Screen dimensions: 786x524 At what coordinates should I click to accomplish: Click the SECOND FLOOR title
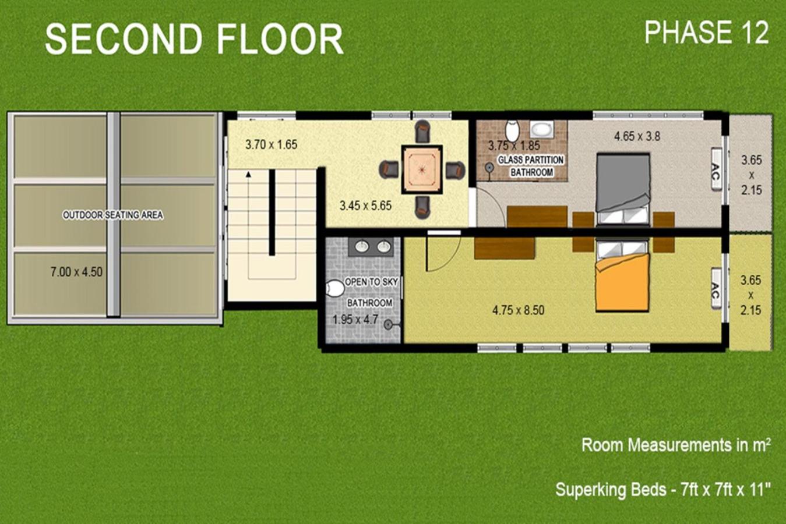coord(194,38)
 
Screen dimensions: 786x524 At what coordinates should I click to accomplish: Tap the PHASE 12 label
coord(706,32)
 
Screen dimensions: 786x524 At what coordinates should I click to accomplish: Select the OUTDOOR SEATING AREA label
coord(113,215)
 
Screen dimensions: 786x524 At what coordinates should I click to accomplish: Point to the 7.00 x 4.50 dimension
coord(76,272)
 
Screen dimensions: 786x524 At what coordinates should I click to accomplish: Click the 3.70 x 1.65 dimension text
coord(272,144)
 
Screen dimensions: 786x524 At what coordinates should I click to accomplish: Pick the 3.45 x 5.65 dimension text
coord(365,205)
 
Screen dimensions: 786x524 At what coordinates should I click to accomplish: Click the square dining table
coord(422,169)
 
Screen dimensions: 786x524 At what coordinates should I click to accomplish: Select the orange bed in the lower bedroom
coord(622,275)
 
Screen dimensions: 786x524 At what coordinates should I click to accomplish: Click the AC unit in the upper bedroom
coord(716,169)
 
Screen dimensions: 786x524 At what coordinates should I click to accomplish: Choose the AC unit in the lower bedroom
coord(716,288)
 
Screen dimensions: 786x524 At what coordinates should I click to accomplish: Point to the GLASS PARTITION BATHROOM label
coord(531,166)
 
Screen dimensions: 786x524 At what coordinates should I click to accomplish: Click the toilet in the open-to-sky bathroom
coord(334,289)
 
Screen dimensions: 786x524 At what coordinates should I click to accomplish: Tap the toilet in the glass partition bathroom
coord(512,130)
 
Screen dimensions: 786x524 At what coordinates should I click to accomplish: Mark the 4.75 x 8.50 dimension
coord(518,310)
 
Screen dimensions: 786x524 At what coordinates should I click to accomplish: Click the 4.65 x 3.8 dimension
coord(637,136)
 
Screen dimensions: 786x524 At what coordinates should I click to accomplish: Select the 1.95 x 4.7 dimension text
coord(355,320)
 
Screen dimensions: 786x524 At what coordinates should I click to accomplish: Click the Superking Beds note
coord(662,489)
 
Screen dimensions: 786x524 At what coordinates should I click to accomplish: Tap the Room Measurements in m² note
coord(676,445)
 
